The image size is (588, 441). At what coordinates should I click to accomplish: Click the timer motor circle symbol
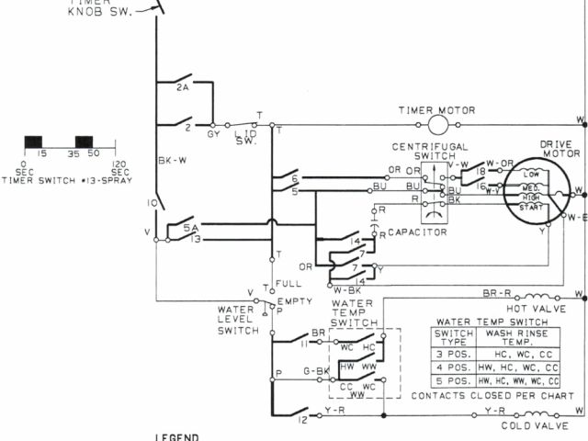(x=438, y=124)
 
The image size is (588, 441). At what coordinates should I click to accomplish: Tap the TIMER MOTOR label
(x=436, y=110)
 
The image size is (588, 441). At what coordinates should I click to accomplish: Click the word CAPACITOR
(x=417, y=232)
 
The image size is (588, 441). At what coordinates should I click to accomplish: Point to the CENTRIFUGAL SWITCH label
(x=430, y=152)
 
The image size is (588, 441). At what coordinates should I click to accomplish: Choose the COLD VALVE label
(x=532, y=425)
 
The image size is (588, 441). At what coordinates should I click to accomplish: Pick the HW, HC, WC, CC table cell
(x=519, y=366)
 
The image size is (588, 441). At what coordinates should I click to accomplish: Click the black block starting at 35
(x=84, y=141)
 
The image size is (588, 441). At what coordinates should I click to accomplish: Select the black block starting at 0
(x=33, y=141)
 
